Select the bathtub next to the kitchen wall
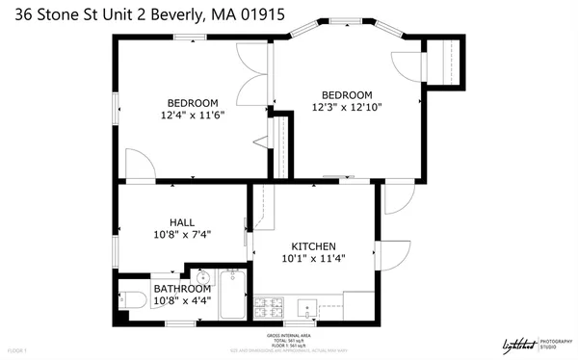coord(232,296)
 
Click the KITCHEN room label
coord(313,244)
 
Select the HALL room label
coord(182,222)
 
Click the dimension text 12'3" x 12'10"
coord(346,107)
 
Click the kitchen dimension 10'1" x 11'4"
coord(313,258)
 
